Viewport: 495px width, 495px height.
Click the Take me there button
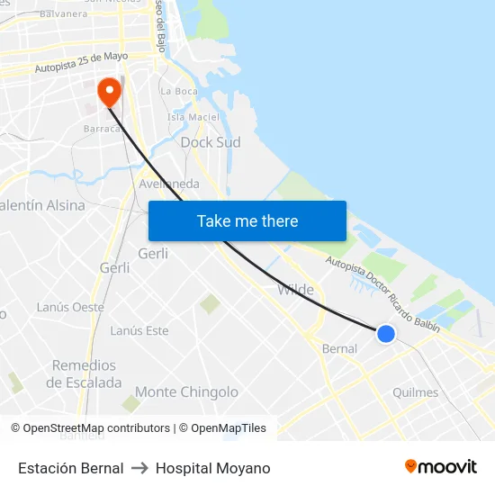(x=247, y=220)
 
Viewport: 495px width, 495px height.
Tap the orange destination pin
(x=109, y=92)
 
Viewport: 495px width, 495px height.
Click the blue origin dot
(x=386, y=334)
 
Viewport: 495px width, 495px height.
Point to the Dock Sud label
(x=211, y=142)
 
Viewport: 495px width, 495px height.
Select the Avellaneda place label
(x=169, y=184)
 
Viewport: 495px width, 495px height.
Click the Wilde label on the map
(x=295, y=290)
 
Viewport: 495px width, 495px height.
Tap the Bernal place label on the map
(x=339, y=348)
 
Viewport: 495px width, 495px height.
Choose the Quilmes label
(x=416, y=392)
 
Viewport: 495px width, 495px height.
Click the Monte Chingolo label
(x=186, y=391)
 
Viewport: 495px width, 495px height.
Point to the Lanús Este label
(x=139, y=330)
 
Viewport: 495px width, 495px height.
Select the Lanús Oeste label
(x=70, y=307)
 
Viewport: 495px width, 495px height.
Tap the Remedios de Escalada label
(x=84, y=373)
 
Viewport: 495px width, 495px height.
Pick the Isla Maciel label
(x=193, y=116)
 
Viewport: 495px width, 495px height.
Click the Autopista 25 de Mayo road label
(x=81, y=61)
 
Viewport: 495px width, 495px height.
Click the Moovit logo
(x=441, y=466)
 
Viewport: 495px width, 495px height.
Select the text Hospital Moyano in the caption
(x=212, y=468)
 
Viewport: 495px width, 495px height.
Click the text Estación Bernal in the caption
(x=71, y=468)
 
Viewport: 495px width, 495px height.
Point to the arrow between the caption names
(x=139, y=468)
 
